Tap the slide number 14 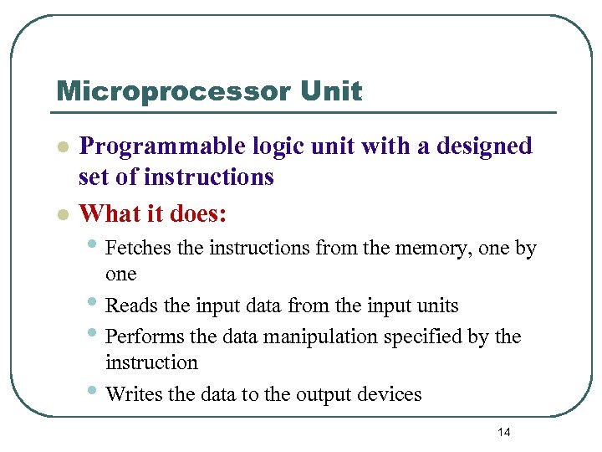(503, 432)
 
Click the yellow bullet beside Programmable (61, 146)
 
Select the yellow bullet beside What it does (61, 214)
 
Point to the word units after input (435, 306)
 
